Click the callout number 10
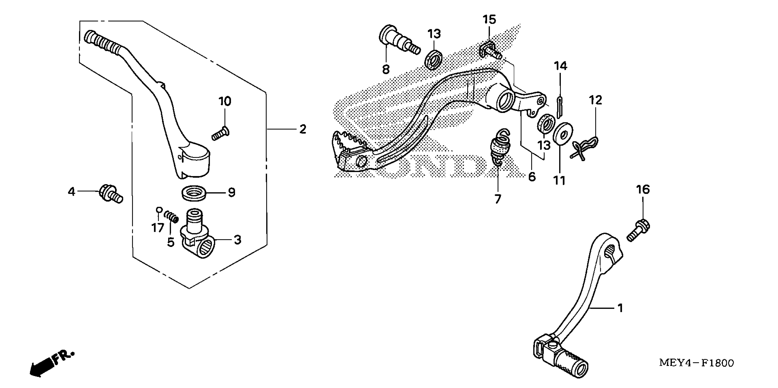coord(225,102)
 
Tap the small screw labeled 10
coord(220,134)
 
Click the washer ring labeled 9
coord(194,193)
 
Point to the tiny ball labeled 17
coord(159,210)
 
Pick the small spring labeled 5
coord(171,217)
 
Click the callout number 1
coord(620,308)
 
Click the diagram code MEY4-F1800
coord(696,363)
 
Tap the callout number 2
coord(303,129)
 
